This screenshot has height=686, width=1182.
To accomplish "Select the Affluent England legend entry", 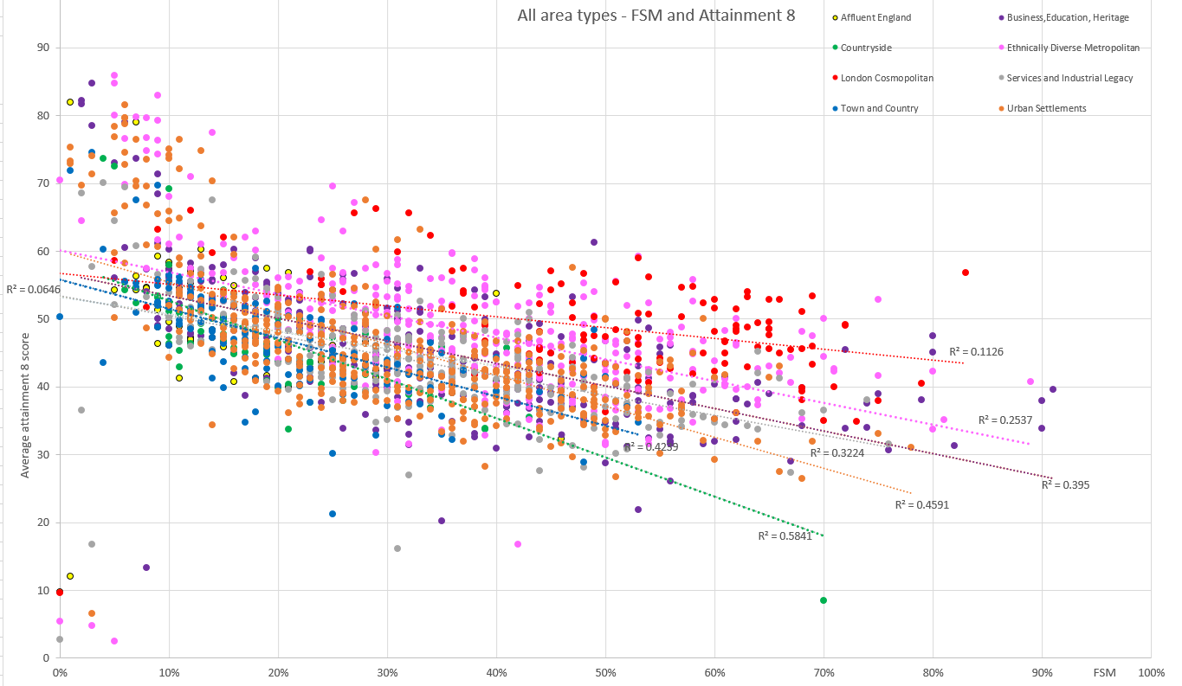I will click(x=874, y=17).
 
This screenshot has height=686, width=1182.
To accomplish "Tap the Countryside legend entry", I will click(x=867, y=48).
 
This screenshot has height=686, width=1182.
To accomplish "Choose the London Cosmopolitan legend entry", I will click(x=884, y=78).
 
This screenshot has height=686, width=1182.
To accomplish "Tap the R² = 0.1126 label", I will click(x=976, y=351).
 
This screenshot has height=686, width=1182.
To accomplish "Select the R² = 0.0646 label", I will click(x=32, y=289).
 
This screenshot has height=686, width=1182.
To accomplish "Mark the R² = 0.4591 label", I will click(x=922, y=504).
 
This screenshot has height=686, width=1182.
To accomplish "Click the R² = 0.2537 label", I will click(x=1005, y=420).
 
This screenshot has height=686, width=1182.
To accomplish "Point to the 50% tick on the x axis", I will click(x=605, y=672).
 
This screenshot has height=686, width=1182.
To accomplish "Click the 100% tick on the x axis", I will click(x=1151, y=672).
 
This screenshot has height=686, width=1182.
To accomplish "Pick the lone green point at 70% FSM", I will click(x=824, y=599).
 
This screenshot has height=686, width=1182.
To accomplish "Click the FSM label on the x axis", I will click(x=1104, y=672).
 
